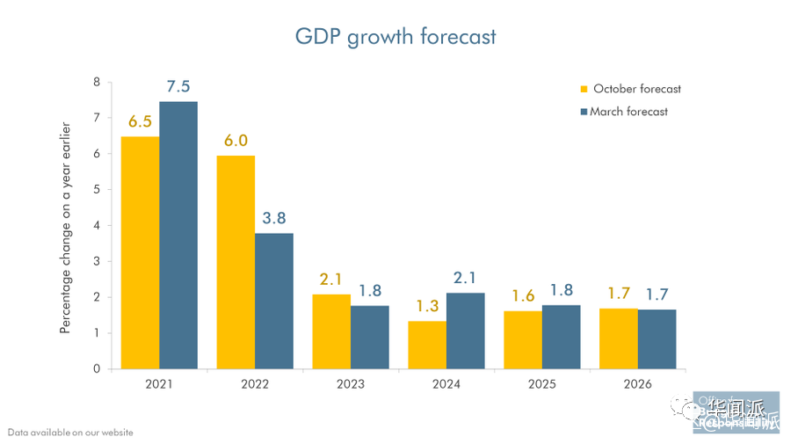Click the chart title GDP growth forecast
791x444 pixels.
coord(395,36)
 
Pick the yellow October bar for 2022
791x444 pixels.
coord(236,262)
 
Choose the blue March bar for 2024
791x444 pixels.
coord(466,331)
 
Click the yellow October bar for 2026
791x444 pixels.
coord(619,338)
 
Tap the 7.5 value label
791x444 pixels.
coord(178,87)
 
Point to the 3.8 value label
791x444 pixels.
coord(274,218)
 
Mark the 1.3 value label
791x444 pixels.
coord(427,306)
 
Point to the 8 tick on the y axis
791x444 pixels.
coord(97,83)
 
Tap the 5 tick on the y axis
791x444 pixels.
coord(97,190)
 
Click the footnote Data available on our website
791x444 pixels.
coord(70,433)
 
